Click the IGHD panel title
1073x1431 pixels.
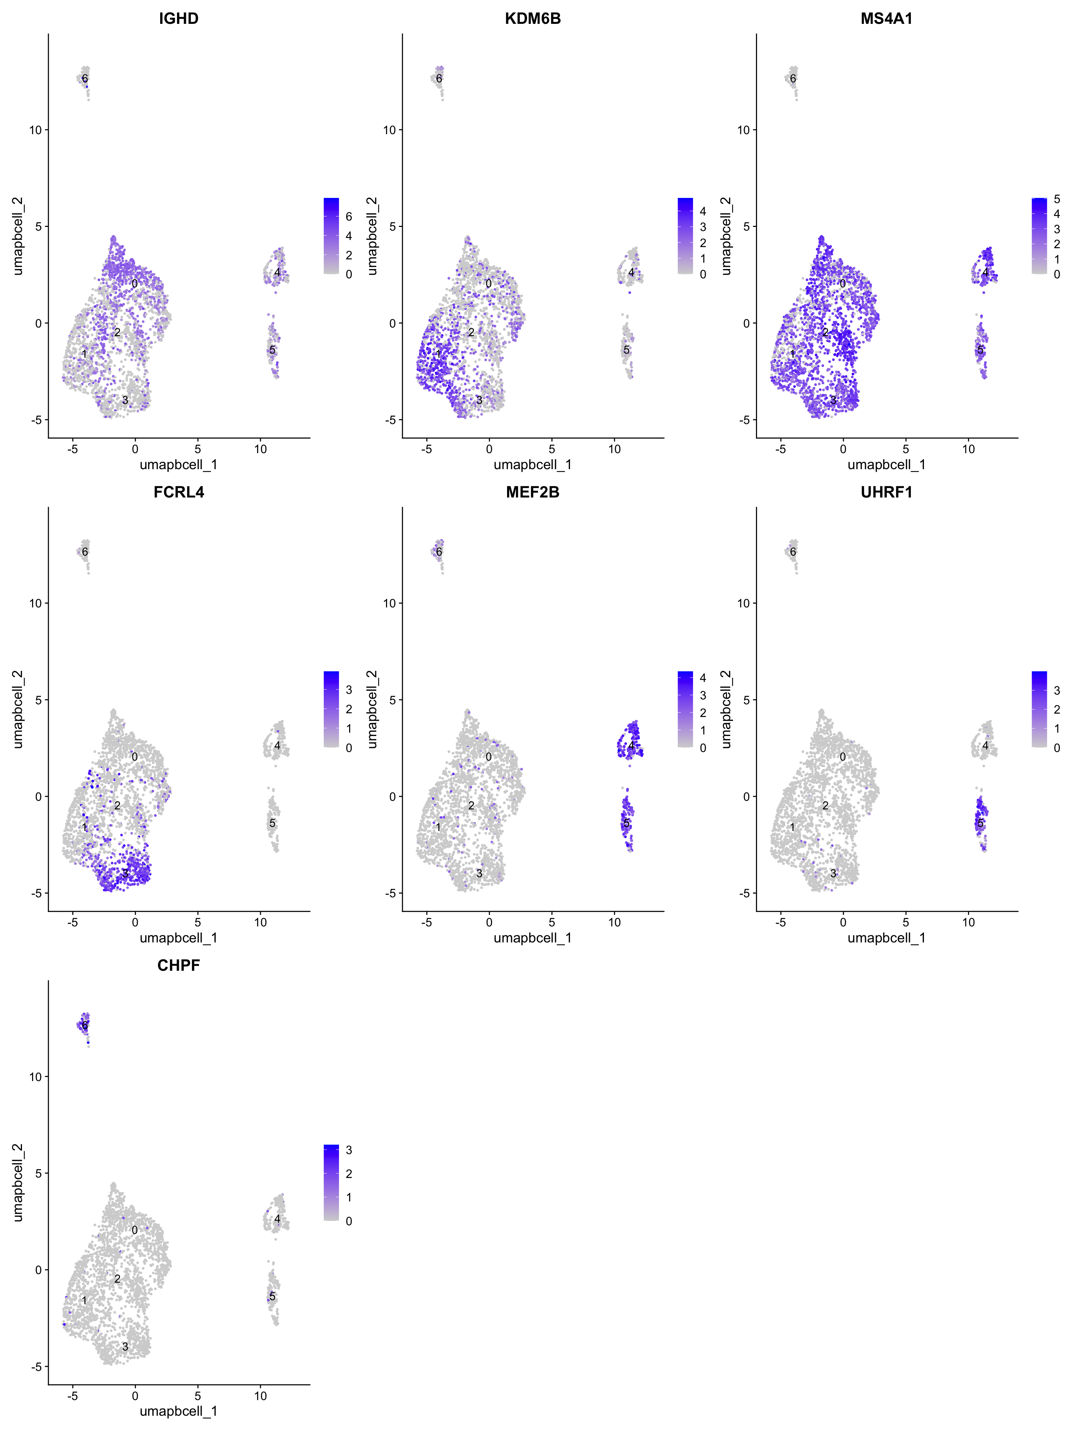(x=178, y=19)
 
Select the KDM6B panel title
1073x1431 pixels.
(x=532, y=19)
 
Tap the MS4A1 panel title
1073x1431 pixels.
(x=886, y=19)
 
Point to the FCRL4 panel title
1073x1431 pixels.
(x=178, y=492)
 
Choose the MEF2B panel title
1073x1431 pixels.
(x=532, y=492)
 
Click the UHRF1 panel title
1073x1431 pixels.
(x=886, y=492)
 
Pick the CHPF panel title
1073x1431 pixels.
(x=178, y=965)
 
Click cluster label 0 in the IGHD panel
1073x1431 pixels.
(x=134, y=283)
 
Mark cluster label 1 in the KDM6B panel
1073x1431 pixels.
(x=438, y=354)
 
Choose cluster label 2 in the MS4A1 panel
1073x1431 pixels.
(x=825, y=332)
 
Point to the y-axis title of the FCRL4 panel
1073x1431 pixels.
(x=18, y=709)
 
